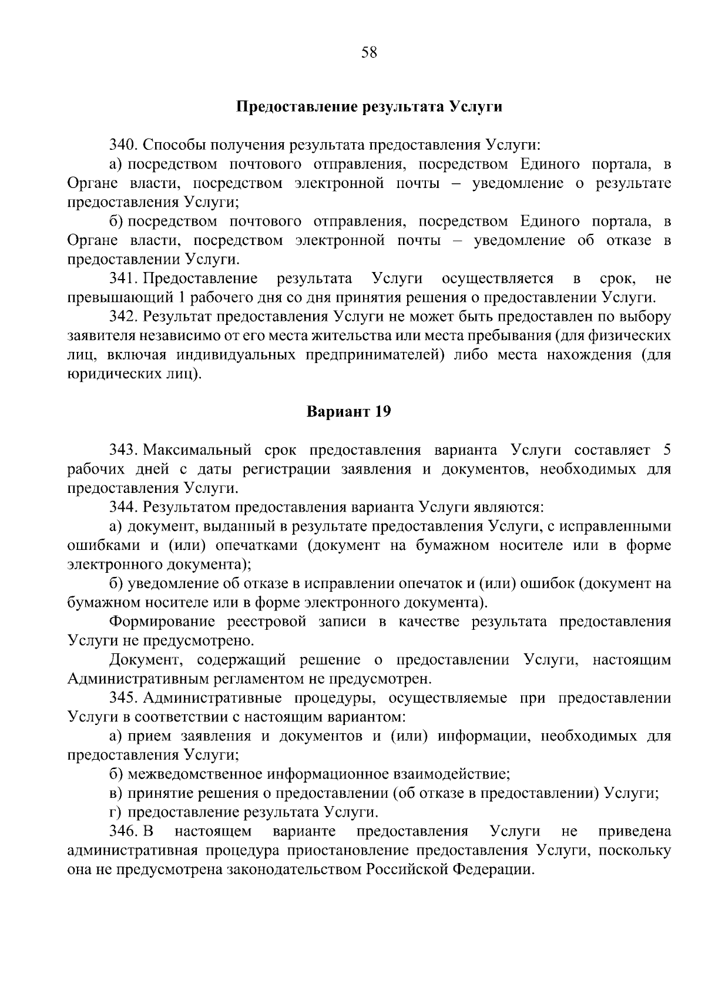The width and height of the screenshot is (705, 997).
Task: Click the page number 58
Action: (x=369, y=53)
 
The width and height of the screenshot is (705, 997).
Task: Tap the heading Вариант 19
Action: (x=349, y=412)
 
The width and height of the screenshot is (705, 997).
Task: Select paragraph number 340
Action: (x=123, y=145)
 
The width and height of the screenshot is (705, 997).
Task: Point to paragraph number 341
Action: (x=123, y=278)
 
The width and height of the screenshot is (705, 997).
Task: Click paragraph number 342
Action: (x=123, y=317)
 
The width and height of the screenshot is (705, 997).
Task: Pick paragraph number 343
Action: (x=123, y=450)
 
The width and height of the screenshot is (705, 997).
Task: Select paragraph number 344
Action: (x=123, y=506)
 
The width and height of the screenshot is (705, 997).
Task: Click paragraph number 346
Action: (x=123, y=831)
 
